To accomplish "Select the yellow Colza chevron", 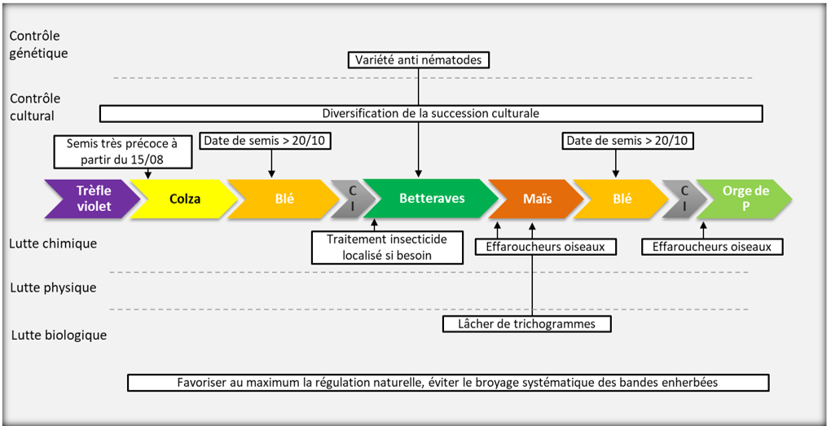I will pos(184,199).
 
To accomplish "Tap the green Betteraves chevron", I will pos(432,199).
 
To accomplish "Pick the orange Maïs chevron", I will pos(533,199).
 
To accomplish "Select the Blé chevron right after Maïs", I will pos(622,199).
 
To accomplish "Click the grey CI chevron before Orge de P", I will pos(683,199).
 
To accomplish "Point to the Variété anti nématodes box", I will pos(419,59).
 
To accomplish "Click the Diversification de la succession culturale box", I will pos(430,113).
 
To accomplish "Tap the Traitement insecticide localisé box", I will pos(387,247).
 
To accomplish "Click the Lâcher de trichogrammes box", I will pos(526,323).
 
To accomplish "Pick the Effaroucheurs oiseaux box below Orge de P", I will pos(711,246).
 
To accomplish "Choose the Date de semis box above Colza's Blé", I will pos(266,141).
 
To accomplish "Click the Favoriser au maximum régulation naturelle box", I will pos(447,382).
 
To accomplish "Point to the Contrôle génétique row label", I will pos(38,45).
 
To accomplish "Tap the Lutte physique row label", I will pos(53,288).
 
